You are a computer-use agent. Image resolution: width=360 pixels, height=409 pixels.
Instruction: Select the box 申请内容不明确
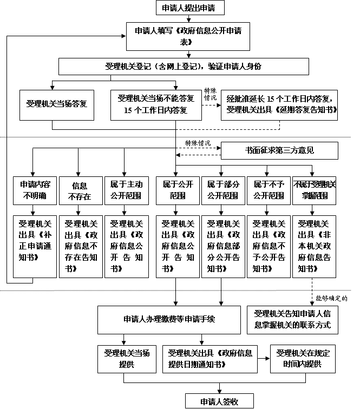coord(34,190)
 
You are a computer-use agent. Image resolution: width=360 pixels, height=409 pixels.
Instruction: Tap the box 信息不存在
coord(79,190)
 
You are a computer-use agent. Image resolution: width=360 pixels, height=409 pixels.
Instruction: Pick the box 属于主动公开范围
coord(125,190)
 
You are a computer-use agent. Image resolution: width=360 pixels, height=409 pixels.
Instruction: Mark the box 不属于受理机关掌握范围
coord(314,190)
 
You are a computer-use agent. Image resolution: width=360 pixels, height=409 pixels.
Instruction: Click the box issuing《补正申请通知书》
coord(34,246)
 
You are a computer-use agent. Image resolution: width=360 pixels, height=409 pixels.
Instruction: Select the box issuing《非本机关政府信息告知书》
coord(314,246)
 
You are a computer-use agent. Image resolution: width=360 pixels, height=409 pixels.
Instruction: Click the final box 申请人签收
coord(219,401)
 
